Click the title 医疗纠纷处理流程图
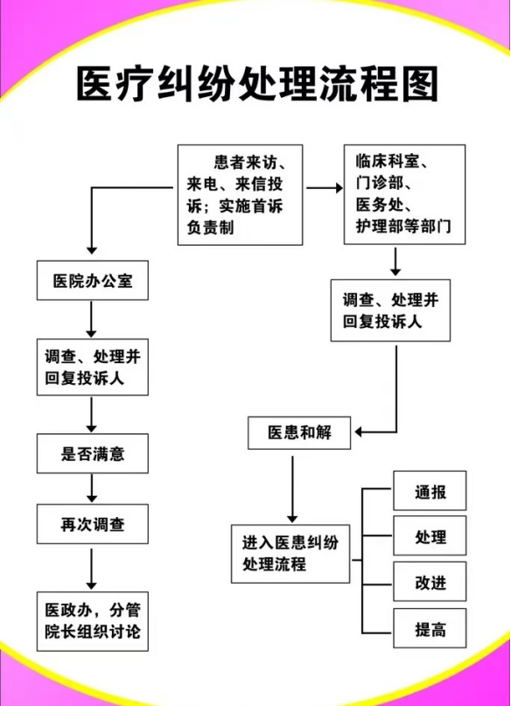tap(257, 84)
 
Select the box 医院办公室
tap(92, 280)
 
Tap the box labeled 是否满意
tap(92, 453)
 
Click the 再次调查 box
tap(92, 524)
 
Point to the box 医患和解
tap(299, 433)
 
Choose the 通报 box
tap(430, 490)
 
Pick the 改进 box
tap(430, 581)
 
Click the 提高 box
tap(430, 628)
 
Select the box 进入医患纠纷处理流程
tap(290, 554)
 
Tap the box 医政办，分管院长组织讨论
tap(92, 621)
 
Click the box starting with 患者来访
tap(240, 194)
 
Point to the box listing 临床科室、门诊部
tap(404, 194)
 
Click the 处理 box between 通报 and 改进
tap(430, 535)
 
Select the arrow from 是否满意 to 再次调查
tap(92, 488)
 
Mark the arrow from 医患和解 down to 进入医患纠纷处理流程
tap(292, 489)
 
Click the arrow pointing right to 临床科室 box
tap(325, 188)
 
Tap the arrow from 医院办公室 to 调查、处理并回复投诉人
tap(91, 319)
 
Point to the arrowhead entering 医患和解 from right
tap(358, 432)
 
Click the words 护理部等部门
tap(403, 226)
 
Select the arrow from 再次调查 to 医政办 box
tap(91, 570)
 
